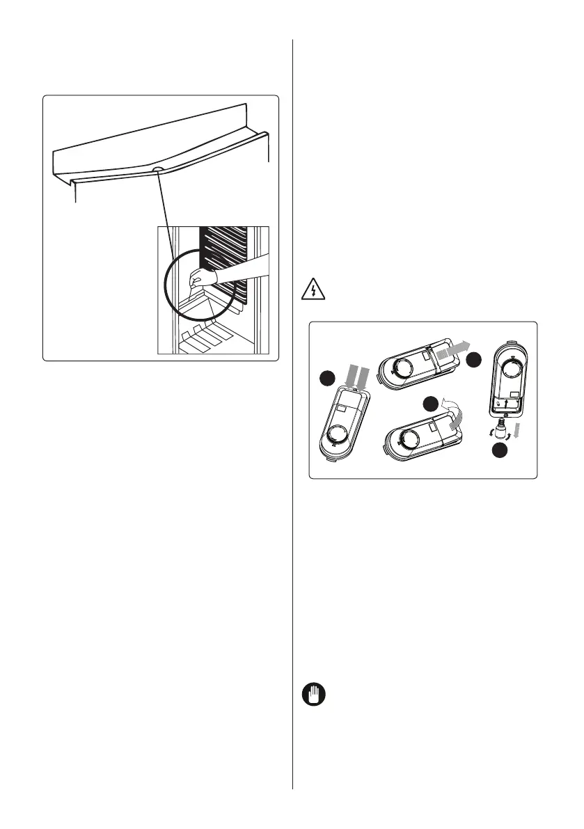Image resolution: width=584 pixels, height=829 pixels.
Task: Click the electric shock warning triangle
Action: click(315, 290)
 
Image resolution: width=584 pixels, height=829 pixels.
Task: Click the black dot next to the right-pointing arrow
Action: click(474, 360)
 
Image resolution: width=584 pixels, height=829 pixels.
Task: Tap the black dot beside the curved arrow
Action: click(432, 405)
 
